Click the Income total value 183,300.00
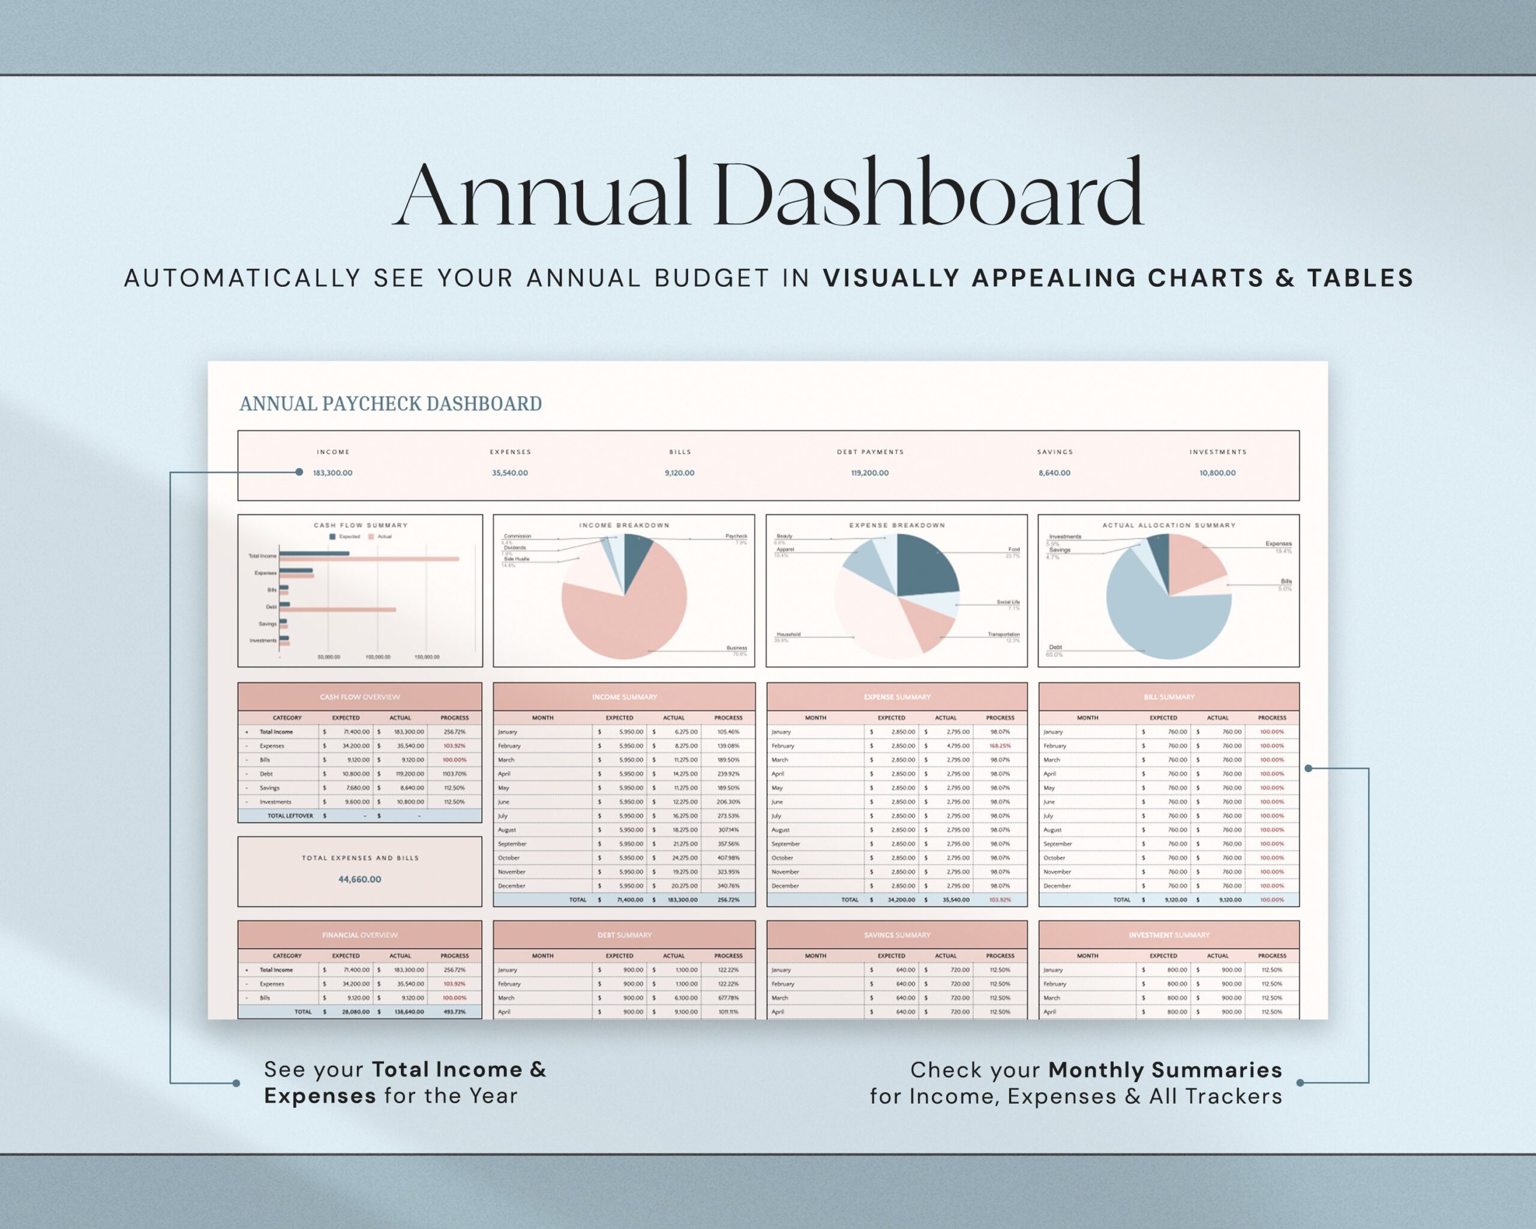click(x=333, y=473)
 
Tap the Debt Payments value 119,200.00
click(x=869, y=473)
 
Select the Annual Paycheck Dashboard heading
click(x=391, y=404)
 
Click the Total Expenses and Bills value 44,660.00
click(x=360, y=879)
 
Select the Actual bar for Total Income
click(x=369, y=559)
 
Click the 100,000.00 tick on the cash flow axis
click(x=377, y=657)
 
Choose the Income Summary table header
click(x=624, y=697)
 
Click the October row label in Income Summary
click(x=509, y=858)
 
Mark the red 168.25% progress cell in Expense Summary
click(x=1000, y=746)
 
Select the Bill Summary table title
click(x=1169, y=697)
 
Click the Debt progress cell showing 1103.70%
click(x=455, y=774)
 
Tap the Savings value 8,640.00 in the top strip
click(x=1054, y=473)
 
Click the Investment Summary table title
click(x=1169, y=935)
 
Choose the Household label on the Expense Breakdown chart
click(x=788, y=634)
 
